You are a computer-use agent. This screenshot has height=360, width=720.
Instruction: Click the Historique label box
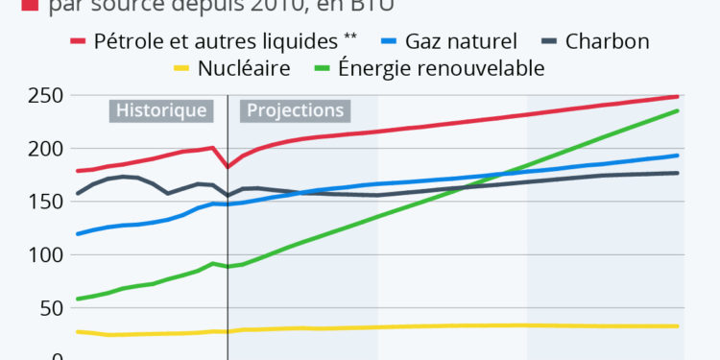[x=161, y=110]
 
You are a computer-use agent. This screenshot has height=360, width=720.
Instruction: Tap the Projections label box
[x=295, y=110]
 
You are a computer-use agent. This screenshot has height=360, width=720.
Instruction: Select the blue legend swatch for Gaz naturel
[x=388, y=41]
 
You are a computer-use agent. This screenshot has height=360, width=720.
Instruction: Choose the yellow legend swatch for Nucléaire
[x=181, y=68]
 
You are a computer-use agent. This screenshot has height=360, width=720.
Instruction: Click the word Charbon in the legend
[x=608, y=41]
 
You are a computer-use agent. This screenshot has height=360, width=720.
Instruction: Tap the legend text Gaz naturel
[x=461, y=41]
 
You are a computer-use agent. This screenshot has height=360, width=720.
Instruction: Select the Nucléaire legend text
[x=244, y=68]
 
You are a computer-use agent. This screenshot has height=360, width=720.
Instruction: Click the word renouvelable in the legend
[x=489, y=68]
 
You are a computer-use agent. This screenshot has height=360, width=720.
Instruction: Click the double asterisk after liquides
[x=352, y=38]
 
